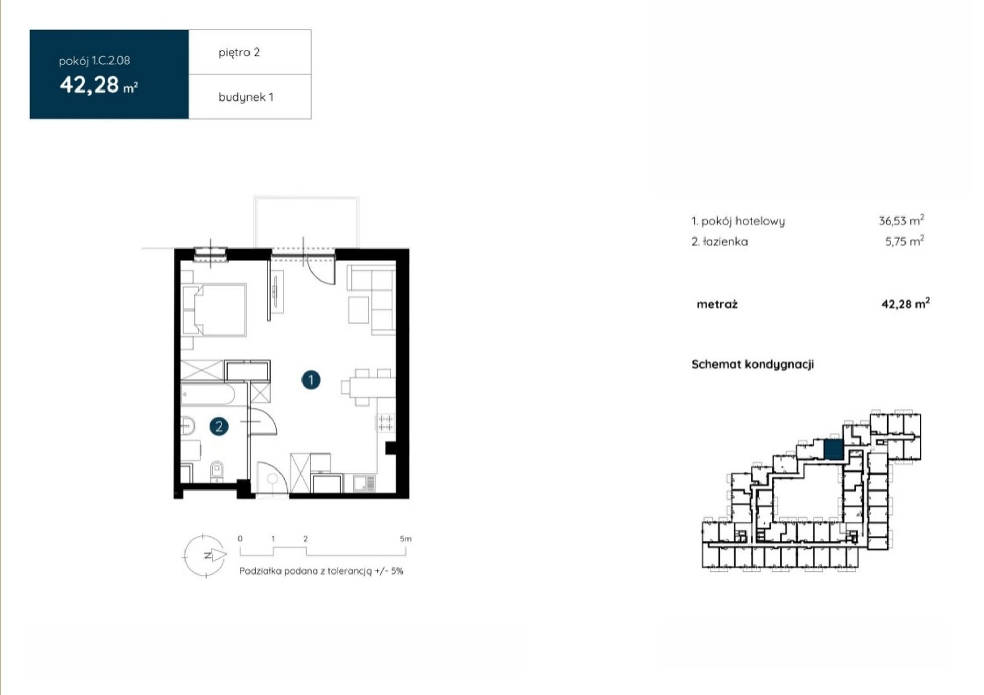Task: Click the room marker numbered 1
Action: coord(311,380)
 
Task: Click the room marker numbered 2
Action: coord(219,426)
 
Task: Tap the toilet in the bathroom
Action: coord(216,471)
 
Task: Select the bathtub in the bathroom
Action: coord(208,394)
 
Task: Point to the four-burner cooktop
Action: coord(385,423)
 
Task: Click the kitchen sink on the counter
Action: coord(364,484)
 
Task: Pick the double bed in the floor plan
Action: coord(214,310)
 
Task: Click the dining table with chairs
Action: coord(368,388)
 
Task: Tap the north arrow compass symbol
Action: coord(205,555)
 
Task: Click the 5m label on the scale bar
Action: coord(405,539)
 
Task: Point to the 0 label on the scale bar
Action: coord(240,539)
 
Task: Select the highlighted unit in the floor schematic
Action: coord(833,449)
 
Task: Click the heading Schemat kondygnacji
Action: coord(753,364)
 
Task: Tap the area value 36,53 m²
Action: coord(902,220)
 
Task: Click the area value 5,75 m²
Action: coord(905,241)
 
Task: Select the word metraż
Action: coord(717,304)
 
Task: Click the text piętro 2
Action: coord(239,53)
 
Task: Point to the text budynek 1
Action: coord(245,97)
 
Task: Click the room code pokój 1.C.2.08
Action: coord(95,61)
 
